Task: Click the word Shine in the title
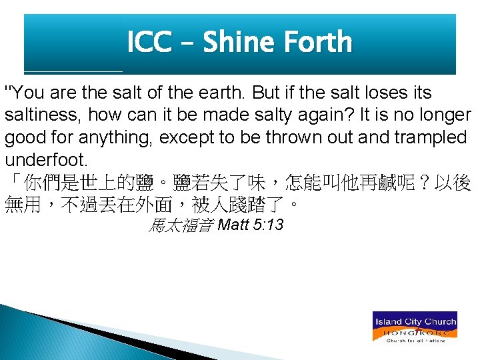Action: pos(239,43)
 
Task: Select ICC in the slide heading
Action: pos(149,43)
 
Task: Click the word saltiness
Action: pos(43,115)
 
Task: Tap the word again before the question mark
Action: pos(323,115)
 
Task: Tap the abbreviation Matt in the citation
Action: pos(233,225)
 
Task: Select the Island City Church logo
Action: pos(414,327)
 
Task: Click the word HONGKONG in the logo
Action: pos(414,331)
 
